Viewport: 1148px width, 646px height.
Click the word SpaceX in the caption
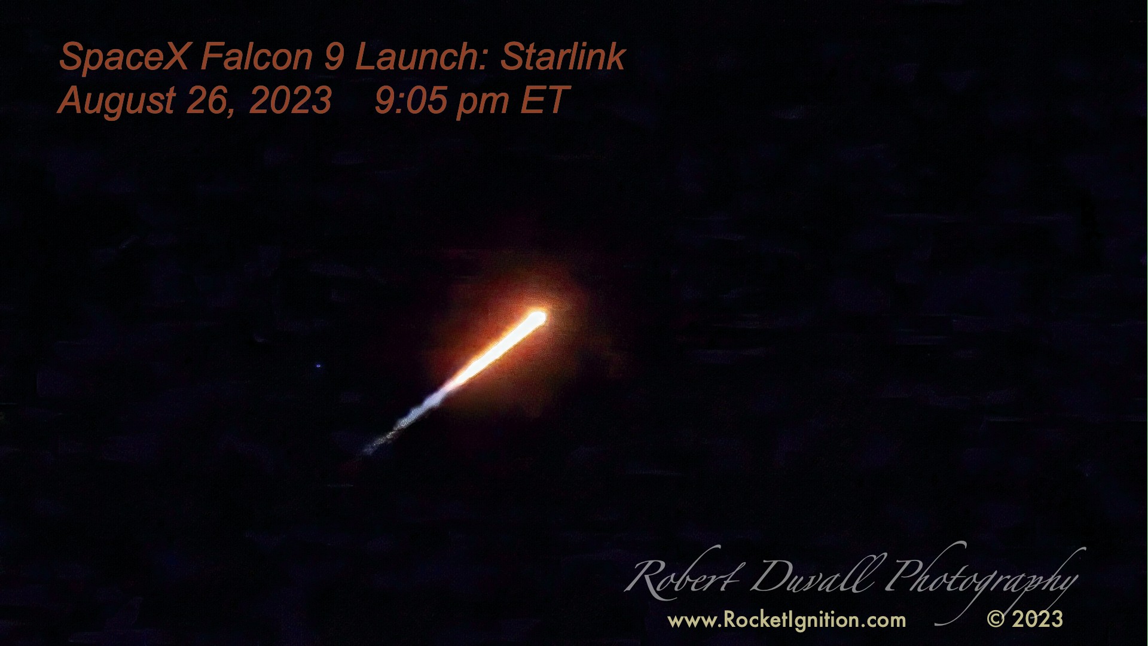pyautogui.click(x=124, y=57)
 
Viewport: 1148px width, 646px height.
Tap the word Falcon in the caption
pyautogui.click(x=257, y=57)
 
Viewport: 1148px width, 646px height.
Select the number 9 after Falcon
pyautogui.click(x=334, y=57)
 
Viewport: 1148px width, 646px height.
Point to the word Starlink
pyautogui.click(x=563, y=57)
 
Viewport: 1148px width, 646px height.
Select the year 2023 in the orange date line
pyautogui.click(x=290, y=100)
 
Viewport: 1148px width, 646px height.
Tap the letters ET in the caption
pyautogui.click(x=545, y=100)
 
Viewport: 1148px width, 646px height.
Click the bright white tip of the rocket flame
pyautogui.click(x=537, y=317)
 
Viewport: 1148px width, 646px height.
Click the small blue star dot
pyautogui.click(x=318, y=365)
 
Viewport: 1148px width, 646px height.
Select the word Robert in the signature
pyautogui.click(x=682, y=577)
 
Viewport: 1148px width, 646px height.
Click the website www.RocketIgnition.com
pyautogui.click(x=787, y=620)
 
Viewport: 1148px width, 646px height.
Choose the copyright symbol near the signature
pyautogui.click(x=996, y=619)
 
